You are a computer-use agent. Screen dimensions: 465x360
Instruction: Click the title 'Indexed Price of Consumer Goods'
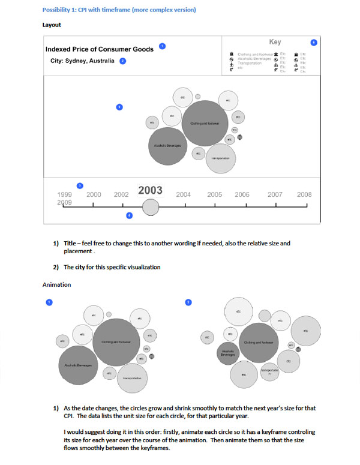[100, 49]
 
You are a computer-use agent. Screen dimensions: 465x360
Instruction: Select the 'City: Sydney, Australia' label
[83, 61]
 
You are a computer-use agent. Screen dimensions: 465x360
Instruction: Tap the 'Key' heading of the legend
[275, 42]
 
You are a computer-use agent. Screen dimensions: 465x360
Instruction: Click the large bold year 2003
[151, 191]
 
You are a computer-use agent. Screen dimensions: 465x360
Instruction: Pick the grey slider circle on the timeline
[151, 207]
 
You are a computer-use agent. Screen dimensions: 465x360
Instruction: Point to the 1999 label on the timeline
[64, 195]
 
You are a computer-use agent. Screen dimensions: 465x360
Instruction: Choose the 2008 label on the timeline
[304, 195]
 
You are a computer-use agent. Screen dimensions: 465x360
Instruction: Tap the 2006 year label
[242, 195]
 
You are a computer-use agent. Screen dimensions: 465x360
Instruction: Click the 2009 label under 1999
[64, 203]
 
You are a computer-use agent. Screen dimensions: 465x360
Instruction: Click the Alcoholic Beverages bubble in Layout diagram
[164, 146]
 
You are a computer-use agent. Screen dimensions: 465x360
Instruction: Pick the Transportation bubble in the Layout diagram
[221, 158]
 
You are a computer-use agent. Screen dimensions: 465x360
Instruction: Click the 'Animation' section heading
[57, 285]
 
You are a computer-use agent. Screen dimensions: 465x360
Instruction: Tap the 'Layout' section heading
[52, 25]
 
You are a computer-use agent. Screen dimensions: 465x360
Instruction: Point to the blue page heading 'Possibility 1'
[119, 10]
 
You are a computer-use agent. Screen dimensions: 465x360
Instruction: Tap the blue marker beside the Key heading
[313, 43]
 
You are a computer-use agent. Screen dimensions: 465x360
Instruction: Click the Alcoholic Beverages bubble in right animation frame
[227, 353]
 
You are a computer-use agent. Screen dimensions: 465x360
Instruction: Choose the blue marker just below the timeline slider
[129, 215]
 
